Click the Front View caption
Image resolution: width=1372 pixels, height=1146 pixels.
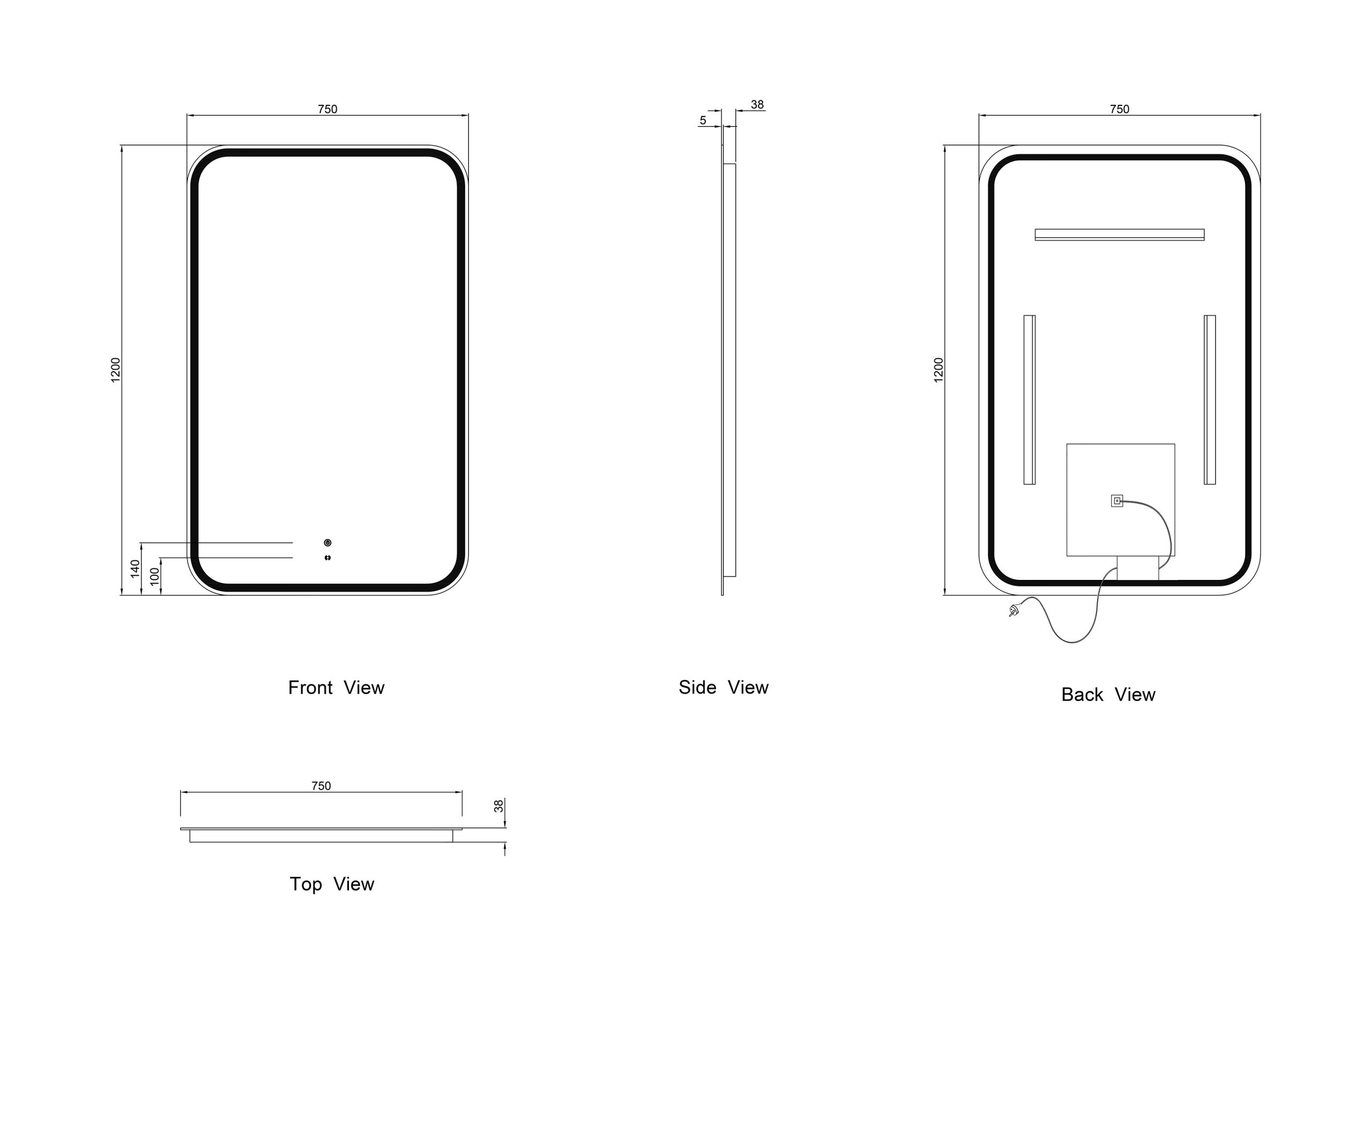click(x=336, y=688)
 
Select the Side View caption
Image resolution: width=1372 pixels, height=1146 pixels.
click(x=723, y=687)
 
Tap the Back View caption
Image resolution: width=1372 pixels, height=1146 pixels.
click(x=1108, y=695)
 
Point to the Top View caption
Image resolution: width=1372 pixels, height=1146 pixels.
click(x=332, y=884)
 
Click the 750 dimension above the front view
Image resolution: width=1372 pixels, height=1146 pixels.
click(x=327, y=109)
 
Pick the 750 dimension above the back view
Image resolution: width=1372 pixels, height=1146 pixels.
click(x=1119, y=109)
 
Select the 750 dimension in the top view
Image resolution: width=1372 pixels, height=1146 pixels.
click(x=321, y=786)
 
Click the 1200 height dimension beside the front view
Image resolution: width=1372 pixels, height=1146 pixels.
click(x=116, y=370)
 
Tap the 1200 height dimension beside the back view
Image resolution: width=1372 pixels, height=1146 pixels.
click(x=939, y=370)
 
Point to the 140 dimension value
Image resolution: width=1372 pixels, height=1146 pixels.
click(x=135, y=568)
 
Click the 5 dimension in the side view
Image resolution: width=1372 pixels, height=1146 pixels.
click(x=703, y=120)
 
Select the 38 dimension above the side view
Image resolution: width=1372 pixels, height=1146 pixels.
click(x=757, y=104)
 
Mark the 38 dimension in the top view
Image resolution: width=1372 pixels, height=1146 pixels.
click(x=499, y=806)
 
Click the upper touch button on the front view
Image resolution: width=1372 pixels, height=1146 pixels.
click(x=327, y=542)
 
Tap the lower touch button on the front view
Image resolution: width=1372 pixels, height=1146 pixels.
click(x=327, y=557)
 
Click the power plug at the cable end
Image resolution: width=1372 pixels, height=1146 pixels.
click(x=1013, y=611)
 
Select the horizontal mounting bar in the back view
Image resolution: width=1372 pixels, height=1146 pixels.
click(x=1119, y=235)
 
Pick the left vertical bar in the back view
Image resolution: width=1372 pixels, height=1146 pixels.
click(x=1029, y=399)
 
